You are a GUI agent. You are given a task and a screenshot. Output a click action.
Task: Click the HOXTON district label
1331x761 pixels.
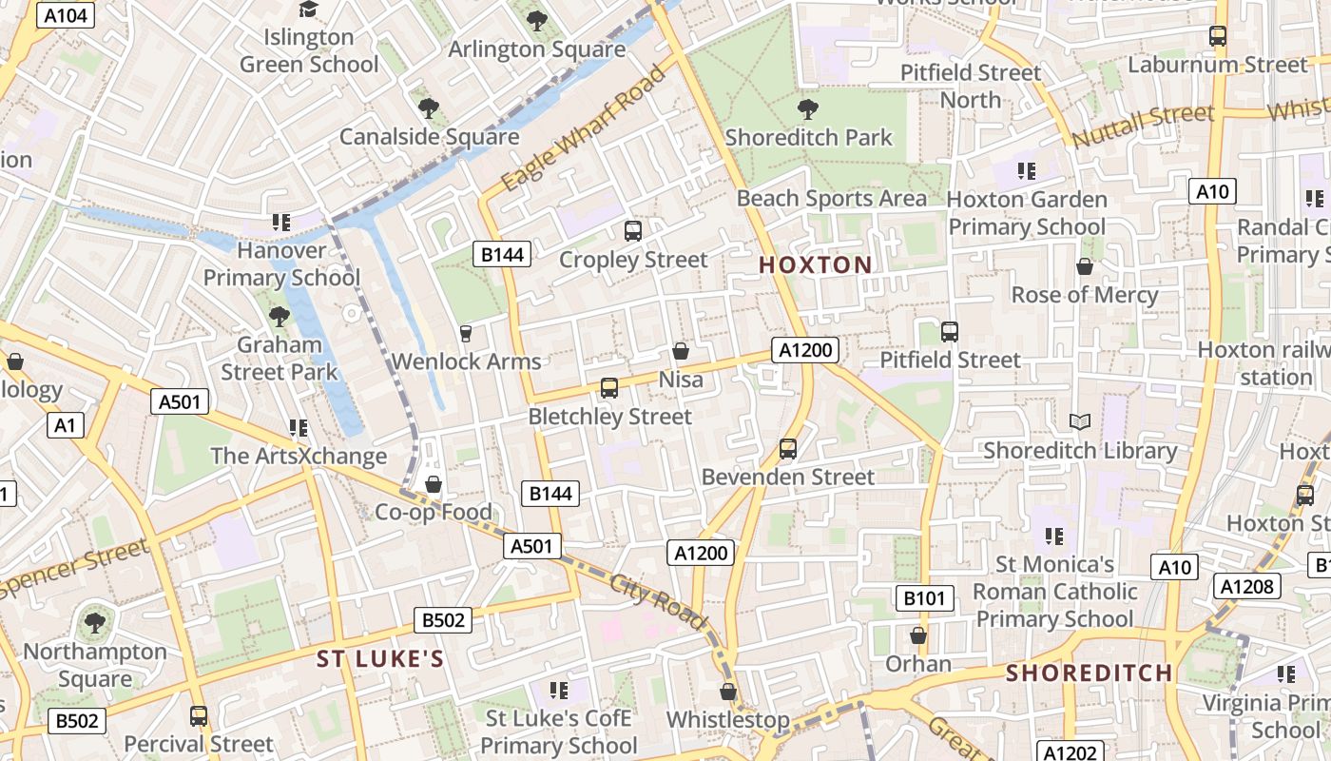(816, 265)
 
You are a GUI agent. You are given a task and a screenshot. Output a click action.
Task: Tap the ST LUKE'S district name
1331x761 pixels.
(380, 659)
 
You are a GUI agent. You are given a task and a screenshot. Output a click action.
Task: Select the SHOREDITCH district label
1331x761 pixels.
(1090, 673)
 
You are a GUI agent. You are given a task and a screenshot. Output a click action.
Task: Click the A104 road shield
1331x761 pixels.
(66, 15)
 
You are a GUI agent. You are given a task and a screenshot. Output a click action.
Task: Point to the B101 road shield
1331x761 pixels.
(924, 598)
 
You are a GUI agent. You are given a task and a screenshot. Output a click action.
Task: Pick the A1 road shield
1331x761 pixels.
(65, 424)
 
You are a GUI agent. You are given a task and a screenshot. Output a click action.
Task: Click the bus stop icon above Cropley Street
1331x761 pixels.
(633, 230)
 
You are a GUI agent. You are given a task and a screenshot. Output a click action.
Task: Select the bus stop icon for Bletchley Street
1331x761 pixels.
(609, 388)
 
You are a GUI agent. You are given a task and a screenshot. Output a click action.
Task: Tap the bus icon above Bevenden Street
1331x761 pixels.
(787, 448)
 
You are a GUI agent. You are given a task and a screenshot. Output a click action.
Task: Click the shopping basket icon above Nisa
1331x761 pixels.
(681, 351)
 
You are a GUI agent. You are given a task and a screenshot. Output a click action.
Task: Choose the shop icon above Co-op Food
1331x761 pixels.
(434, 484)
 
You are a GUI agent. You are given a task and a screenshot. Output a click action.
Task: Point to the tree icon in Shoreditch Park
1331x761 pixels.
(808, 108)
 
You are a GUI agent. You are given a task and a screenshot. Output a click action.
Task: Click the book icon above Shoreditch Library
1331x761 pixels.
(1080, 421)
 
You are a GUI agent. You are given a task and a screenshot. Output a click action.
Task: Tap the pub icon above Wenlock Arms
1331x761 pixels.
(466, 333)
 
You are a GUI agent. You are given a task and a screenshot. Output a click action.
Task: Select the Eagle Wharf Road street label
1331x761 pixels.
(584, 127)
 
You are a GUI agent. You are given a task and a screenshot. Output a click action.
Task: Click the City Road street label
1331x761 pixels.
(660, 601)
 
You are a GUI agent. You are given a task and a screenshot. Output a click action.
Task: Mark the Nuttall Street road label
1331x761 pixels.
(1144, 127)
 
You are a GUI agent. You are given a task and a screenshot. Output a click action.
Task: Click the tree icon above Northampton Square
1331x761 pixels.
(94, 623)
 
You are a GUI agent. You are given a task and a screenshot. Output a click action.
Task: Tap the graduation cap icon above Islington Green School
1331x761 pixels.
(308, 10)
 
